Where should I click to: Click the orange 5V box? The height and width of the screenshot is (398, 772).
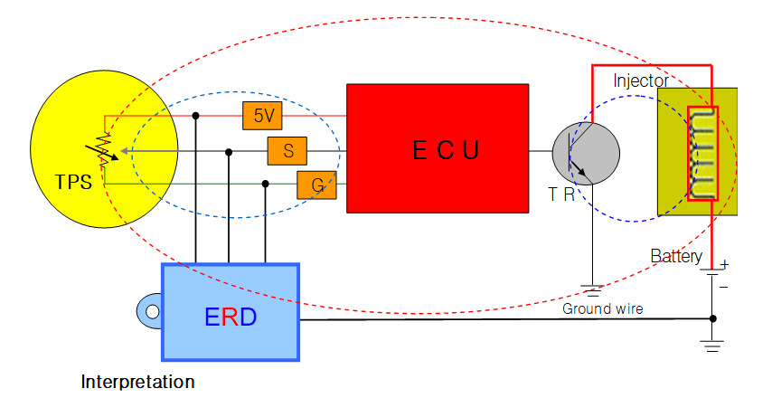coord(263,116)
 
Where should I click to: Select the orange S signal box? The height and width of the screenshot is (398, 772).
coord(288,150)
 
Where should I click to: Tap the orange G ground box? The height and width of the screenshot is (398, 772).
coord(317,185)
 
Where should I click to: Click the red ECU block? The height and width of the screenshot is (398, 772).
coord(438,148)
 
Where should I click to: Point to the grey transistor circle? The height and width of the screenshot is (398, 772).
coord(586,153)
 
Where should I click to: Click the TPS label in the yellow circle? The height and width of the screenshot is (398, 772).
coord(73,182)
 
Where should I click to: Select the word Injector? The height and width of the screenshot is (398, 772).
coord(641,81)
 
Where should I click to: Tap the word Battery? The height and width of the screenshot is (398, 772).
coord(676,257)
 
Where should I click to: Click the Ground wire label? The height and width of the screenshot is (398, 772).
coord(603,309)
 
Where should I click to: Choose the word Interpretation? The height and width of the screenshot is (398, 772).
coord(137,382)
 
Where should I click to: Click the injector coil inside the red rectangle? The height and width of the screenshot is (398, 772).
coord(702,153)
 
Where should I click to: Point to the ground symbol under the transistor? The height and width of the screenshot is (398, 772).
coord(592,291)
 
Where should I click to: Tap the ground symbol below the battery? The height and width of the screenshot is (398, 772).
coord(714,345)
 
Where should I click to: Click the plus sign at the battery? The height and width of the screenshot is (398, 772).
coord(724,264)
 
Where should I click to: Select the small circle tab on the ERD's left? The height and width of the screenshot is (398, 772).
coord(151,312)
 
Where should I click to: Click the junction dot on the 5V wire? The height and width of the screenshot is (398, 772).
coord(196,116)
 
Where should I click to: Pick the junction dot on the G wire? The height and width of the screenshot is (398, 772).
coord(265,184)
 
